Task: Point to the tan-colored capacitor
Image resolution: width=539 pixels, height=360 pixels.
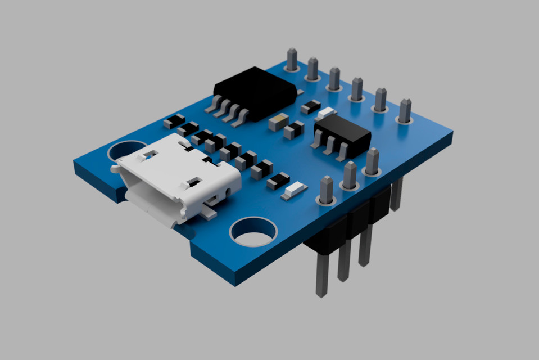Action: pos(278,122)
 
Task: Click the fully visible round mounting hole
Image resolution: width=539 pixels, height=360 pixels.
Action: pos(253,231)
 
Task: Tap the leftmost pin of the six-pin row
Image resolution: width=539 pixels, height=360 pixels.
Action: pos(292,59)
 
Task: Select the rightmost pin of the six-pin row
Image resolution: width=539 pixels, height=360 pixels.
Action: pos(405,110)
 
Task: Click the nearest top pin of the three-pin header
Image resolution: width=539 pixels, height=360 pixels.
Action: pos(327,190)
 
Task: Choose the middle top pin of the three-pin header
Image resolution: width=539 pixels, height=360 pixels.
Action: pos(350,175)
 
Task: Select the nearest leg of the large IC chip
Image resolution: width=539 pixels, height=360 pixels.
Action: pos(242,118)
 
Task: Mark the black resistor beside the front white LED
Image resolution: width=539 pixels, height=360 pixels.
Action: pos(278,181)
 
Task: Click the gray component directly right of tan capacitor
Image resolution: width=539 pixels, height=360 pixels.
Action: pos(293,131)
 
